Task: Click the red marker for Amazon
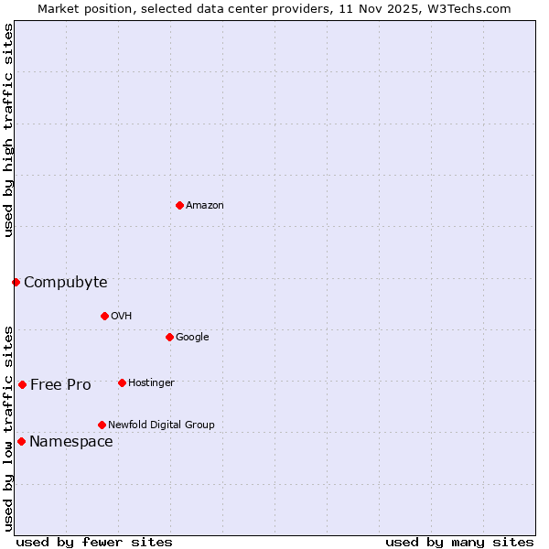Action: point(179,205)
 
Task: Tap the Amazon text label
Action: point(205,206)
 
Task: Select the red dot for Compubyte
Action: point(16,282)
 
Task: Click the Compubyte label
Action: point(65,283)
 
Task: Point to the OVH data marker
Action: point(104,316)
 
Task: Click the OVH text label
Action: point(122,317)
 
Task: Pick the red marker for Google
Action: point(169,337)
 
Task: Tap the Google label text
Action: point(192,338)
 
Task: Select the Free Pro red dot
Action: point(22,384)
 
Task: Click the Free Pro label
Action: point(60,385)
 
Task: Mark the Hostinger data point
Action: point(122,382)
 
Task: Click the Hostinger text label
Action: point(151,383)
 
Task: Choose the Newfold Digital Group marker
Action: point(102,425)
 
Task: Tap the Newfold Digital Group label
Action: point(161,425)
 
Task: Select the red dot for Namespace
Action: point(21,441)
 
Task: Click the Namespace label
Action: point(71,442)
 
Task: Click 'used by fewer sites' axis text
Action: point(94,542)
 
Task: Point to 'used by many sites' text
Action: point(459,542)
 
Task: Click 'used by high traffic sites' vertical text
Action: point(8,130)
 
